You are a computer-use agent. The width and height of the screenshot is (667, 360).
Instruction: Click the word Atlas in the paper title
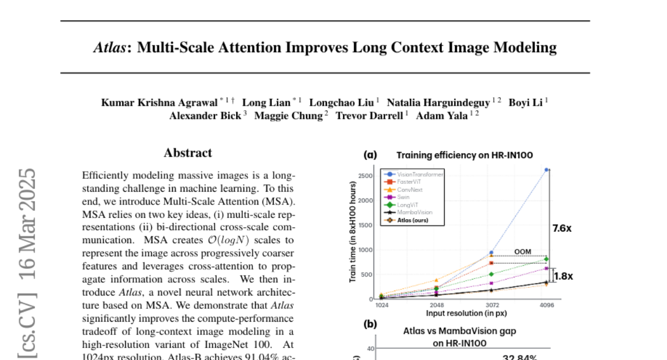click(x=109, y=47)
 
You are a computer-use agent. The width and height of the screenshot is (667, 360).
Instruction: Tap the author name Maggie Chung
click(x=288, y=116)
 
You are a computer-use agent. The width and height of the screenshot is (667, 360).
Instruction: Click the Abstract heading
click(x=188, y=153)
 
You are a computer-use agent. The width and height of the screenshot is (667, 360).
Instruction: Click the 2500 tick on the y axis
click(x=365, y=176)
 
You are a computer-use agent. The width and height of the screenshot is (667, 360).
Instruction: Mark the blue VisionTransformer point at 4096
click(x=546, y=169)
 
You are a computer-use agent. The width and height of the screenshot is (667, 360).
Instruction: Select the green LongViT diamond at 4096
click(x=546, y=259)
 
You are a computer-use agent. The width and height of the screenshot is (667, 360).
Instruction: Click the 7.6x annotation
click(x=561, y=228)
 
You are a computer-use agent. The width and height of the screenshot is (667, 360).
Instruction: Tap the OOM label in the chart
click(x=522, y=252)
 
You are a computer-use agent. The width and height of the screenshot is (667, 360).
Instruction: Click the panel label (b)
click(x=370, y=324)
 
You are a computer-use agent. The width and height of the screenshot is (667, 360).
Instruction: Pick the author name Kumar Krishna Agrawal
click(x=159, y=102)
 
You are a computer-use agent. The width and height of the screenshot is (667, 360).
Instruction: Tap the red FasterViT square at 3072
click(x=491, y=263)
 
